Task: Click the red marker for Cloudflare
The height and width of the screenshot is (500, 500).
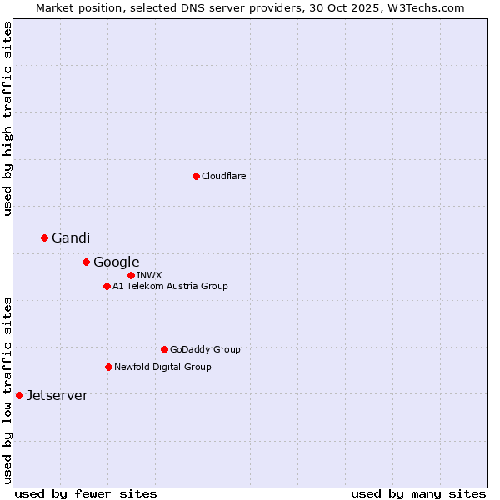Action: (x=196, y=176)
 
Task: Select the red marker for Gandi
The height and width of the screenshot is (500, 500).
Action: (x=45, y=237)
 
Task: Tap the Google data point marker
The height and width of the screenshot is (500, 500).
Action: (x=86, y=262)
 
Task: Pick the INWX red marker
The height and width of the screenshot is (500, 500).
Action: (x=131, y=275)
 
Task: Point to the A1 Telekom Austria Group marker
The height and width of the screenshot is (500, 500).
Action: (x=107, y=286)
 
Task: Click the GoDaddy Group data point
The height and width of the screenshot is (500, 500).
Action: (x=164, y=349)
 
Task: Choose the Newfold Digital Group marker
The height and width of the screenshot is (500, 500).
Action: (x=108, y=367)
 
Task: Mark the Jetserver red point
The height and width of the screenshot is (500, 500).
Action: (x=19, y=395)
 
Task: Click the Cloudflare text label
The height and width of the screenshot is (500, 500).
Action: (x=224, y=176)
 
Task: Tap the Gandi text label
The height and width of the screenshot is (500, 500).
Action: (x=71, y=238)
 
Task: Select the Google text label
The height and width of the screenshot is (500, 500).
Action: (x=117, y=262)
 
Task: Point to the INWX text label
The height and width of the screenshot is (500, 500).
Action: (x=150, y=275)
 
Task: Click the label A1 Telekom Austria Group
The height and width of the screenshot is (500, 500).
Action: (x=170, y=286)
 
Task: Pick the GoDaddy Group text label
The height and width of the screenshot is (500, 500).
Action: (x=205, y=350)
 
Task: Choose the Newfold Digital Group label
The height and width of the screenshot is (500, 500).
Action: (x=162, y=367)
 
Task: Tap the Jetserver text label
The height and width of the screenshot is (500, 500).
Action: (x=57, y=396)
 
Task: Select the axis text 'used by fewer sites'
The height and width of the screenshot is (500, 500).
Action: (x=86, y=493)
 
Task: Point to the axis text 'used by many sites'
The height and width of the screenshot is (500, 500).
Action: (x=418, y=493)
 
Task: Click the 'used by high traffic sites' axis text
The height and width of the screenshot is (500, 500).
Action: (x=7, y=119)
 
